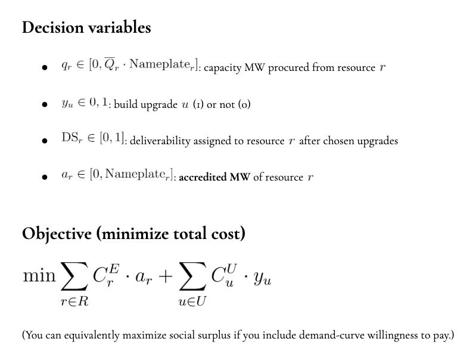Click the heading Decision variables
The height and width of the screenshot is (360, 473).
86,27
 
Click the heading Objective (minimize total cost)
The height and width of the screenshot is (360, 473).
133,234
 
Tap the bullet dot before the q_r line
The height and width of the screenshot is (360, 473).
45,68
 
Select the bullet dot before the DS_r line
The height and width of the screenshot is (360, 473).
45,141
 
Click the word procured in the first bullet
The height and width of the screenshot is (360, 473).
289,67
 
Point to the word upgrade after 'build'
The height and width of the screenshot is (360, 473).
157,104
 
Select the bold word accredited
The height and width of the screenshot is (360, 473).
203,177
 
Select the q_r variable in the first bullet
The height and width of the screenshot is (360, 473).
66,67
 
